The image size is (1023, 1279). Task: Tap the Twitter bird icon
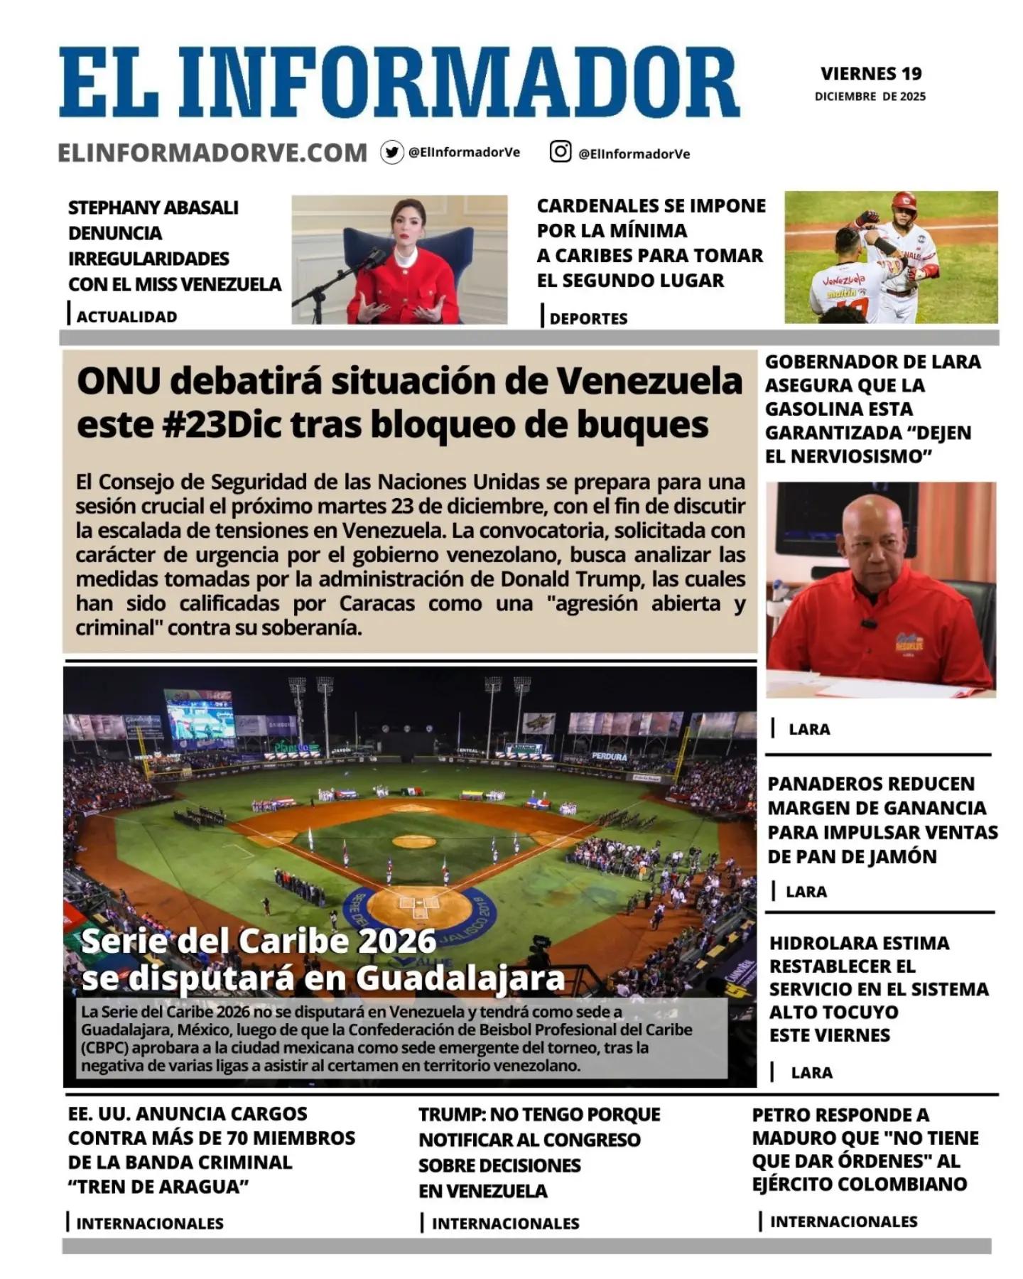tap(391, 152)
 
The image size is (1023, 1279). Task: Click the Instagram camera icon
tap(560, 151)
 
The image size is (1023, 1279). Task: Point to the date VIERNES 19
tap(871, 73)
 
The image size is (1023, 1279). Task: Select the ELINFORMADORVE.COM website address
tap(212, 153)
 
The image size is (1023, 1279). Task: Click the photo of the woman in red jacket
tap(399, 259)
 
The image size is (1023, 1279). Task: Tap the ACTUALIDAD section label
tap(126, 317)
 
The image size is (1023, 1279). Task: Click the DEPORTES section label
tap(588, 318)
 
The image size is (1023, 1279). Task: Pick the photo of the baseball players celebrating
tap(890, 257)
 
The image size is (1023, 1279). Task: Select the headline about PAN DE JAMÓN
tap(882, 819)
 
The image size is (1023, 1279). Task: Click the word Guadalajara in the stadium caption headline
tap(460, 978)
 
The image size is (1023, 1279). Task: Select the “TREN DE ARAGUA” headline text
tap(158, 1187)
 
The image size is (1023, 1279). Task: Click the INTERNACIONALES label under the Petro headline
tap(843, 1221)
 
